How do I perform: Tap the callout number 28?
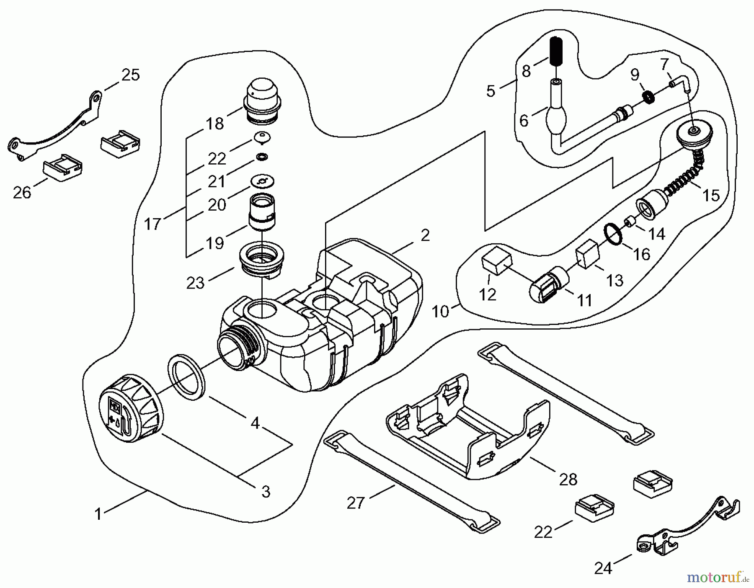pos(568,479)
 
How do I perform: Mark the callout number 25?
pos(130,75)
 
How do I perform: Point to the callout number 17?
pos(152,224)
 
